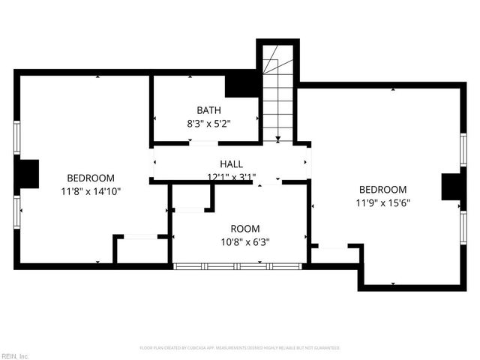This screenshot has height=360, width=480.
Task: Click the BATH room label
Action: pyautogui.click(x=208, y=110)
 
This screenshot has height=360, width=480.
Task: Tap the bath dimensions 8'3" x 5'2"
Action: pyautogui.click(x=208, y=124)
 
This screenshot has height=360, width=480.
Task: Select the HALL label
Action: pyautogui.click(x=231, y=164)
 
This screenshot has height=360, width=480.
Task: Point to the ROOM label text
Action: pyautogui.click(x=244, y=229)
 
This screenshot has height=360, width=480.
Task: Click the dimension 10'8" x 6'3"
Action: pyautogui.click(x=244, y=242)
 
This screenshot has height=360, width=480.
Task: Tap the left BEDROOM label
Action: pyautogui.click(x=91, y=178)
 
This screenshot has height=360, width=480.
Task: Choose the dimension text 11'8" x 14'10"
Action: pyautogui.click(x=91, y=191)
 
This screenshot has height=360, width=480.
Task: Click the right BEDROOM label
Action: pyautogui.click(x=382, y=190)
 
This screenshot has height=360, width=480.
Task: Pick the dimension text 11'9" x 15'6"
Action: pyautogui.click(x=382, y=202)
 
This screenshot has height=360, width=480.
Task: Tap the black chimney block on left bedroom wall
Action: pyautogui.click(x=28, y=174)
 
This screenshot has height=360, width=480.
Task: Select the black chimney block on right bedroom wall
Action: pyautogui.click(x=451, y=187)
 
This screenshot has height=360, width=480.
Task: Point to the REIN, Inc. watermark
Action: pyautogui.click(x=15, y=355)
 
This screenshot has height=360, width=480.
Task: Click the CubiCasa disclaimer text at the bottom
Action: pyautogui.click(x=240, y=348)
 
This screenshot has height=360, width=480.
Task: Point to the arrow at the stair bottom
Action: pyautogui.click(x=277, y=138)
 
